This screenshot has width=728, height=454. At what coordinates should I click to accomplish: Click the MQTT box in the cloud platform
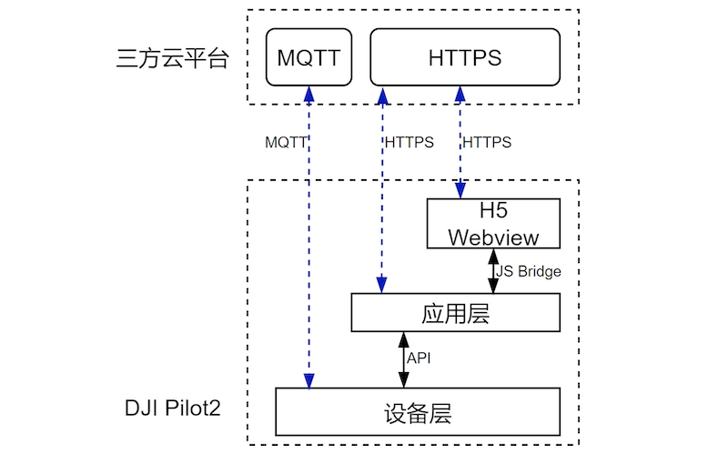tap(308, 57)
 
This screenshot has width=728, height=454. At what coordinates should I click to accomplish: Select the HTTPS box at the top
tap(464, 57)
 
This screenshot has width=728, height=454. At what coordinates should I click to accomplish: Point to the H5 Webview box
tap(493, 225)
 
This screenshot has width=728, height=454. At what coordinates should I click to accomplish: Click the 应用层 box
tap(455, 314)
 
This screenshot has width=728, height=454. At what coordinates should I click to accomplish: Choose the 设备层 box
tap(418, 412)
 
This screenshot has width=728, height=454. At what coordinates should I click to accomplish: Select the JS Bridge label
tap(529, 271)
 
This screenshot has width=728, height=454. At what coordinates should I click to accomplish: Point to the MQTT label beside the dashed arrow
tap(286, 143)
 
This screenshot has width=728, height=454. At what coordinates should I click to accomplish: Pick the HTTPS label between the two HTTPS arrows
tap(409, 143)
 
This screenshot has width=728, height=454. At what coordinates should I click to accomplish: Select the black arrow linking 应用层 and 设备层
tap(401, 359)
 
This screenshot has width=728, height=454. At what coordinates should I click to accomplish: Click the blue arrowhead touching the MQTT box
tap(309, 95)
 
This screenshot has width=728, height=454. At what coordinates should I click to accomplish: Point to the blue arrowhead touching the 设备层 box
tap(309, 380)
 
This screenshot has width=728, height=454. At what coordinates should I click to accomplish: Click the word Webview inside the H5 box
tap(493, 237)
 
